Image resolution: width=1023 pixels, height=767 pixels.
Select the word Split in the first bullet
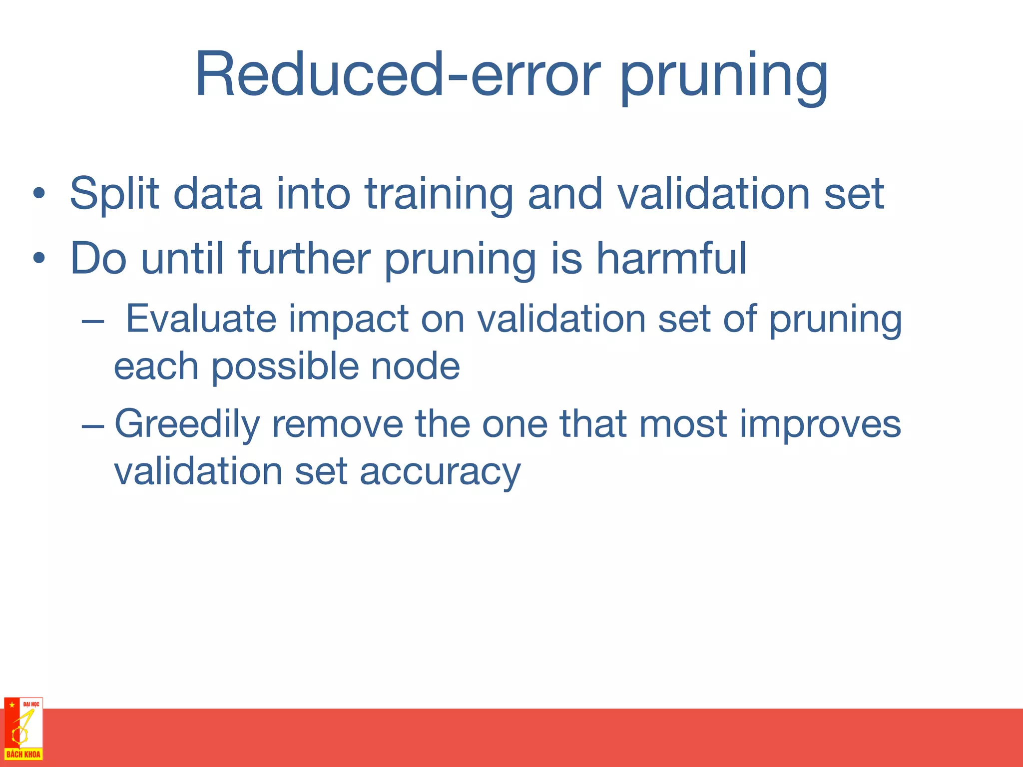pyautogui.click(x=114, y=194)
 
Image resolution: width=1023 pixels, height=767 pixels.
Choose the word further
pyautogui.click(x=304, y=258)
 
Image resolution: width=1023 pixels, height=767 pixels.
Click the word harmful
pyautogui.click(x=671, y=258)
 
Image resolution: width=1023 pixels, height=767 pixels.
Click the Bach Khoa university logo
pyautogui.click(x=23, y=729)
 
